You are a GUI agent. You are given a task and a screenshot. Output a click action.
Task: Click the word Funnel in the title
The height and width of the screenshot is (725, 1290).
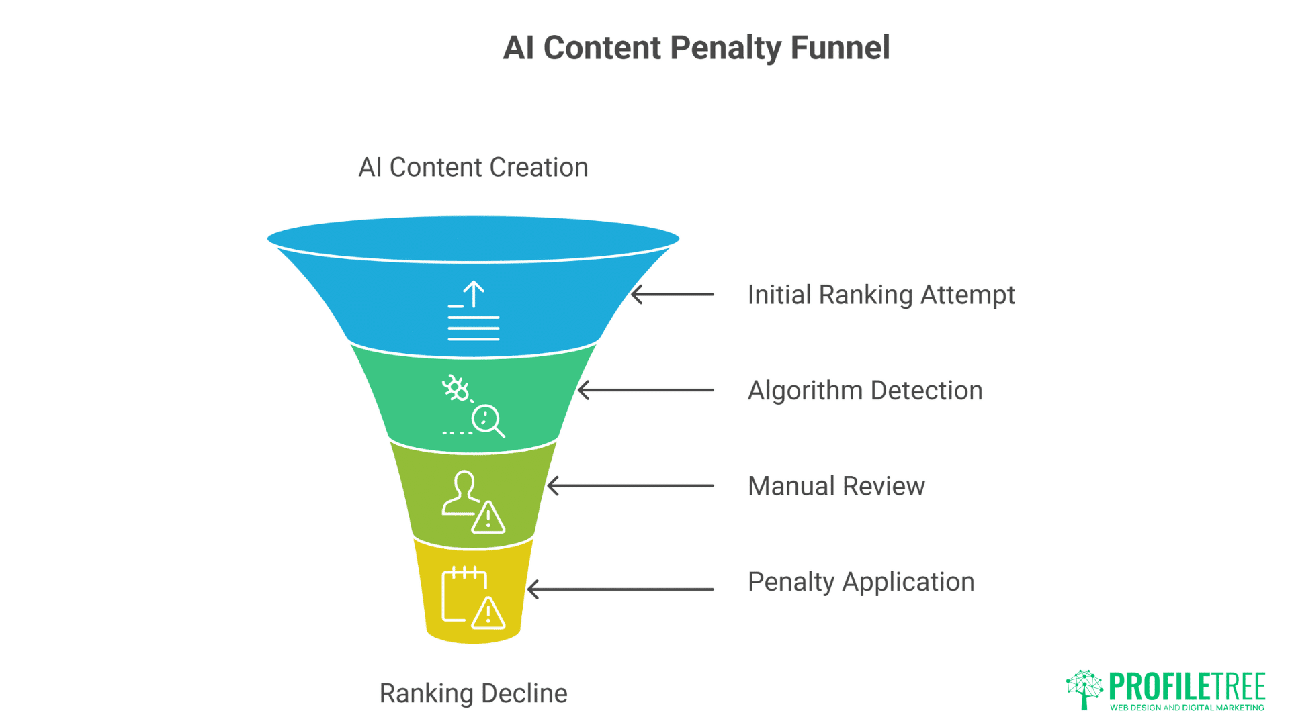click(x=840, y=48)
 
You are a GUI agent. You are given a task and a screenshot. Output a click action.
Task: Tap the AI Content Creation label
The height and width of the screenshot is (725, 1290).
click(x=473, y=167)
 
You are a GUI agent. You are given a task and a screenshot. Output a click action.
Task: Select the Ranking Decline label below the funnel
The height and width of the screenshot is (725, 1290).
click(x=473, y=693)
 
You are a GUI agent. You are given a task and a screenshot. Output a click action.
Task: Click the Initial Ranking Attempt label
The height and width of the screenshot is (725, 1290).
click(x=880, y=295)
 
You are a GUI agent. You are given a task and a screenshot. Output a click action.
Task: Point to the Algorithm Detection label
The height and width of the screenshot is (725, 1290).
click(x=865, y=391)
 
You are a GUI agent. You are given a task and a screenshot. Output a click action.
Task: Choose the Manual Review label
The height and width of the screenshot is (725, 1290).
click(x=836, y=486)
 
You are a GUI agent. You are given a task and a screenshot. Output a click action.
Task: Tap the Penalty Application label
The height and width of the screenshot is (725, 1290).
click(x=861, y=582)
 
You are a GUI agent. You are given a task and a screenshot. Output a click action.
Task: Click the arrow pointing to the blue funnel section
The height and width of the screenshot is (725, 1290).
click(x=672, y=294)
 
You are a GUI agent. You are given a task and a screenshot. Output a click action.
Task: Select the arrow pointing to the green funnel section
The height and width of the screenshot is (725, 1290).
click(x=645, y=390)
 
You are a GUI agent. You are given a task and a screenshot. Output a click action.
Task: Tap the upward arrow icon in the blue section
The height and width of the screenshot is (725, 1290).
click(x=474, y=294)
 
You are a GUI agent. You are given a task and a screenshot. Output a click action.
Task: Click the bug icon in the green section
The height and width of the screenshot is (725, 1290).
click(x=456, y=388)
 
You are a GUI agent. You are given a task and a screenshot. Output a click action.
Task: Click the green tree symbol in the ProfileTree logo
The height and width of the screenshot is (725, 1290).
click(x=1084, y=688)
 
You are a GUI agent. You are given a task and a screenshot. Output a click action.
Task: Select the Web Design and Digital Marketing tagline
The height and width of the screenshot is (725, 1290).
click(x=1187, y=708)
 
